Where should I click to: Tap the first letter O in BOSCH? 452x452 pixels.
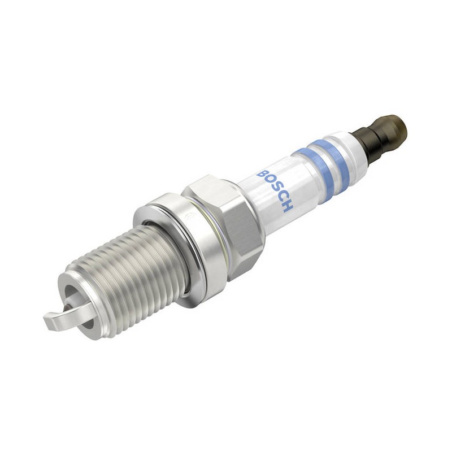[x=270, y=181]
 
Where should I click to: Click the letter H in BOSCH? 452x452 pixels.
[x=287, y=206]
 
